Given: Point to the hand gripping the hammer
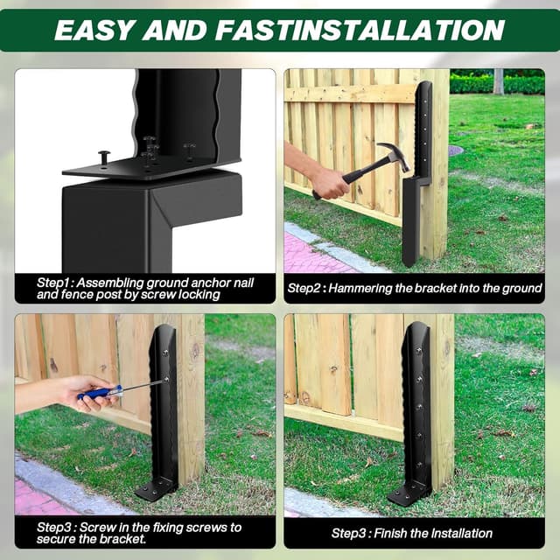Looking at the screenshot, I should (328, 181).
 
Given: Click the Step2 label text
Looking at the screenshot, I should (310, 287).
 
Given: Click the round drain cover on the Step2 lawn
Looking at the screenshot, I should (455, 150).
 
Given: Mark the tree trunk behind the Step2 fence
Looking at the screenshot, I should (498, 81).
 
